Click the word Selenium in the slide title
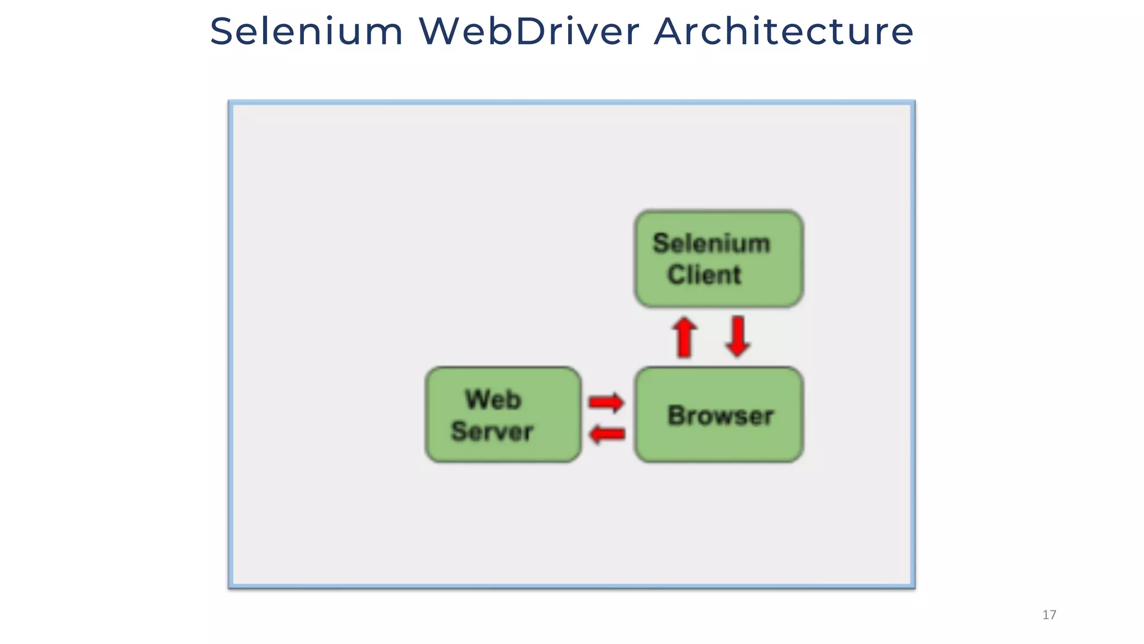pyautogui.click(x=306, y=31)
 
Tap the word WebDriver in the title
pyautogui.click(x=529, y=31)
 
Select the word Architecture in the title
pyautogui.click(x=784, y=31)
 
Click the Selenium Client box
pyautogui.click(x=719, y=259)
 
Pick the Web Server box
pyautogui.click(x=503, y=415)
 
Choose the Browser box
pyautogui.click(x=719, y=415)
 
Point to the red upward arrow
pyautogui.click(x=684, y=337)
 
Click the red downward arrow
pyautogui.click(x=738, y=337)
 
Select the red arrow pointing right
pyautogui.click(x=607, y=402)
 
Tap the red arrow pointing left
pyautogui.click(x=607, y=434)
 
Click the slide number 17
pyautogui.click(x=1049, y=615)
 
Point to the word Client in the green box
pyautogui.click(x=704, y=275)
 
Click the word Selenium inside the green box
pyautogui.click(x=711, y=243)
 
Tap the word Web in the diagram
pyautogui.click(x=493, y=400)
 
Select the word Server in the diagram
pyautogui.click(x=492, y=432)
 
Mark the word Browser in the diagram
pyautogui.click(x=721, y=415)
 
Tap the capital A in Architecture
pyautogui.click(x=669, y=31)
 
